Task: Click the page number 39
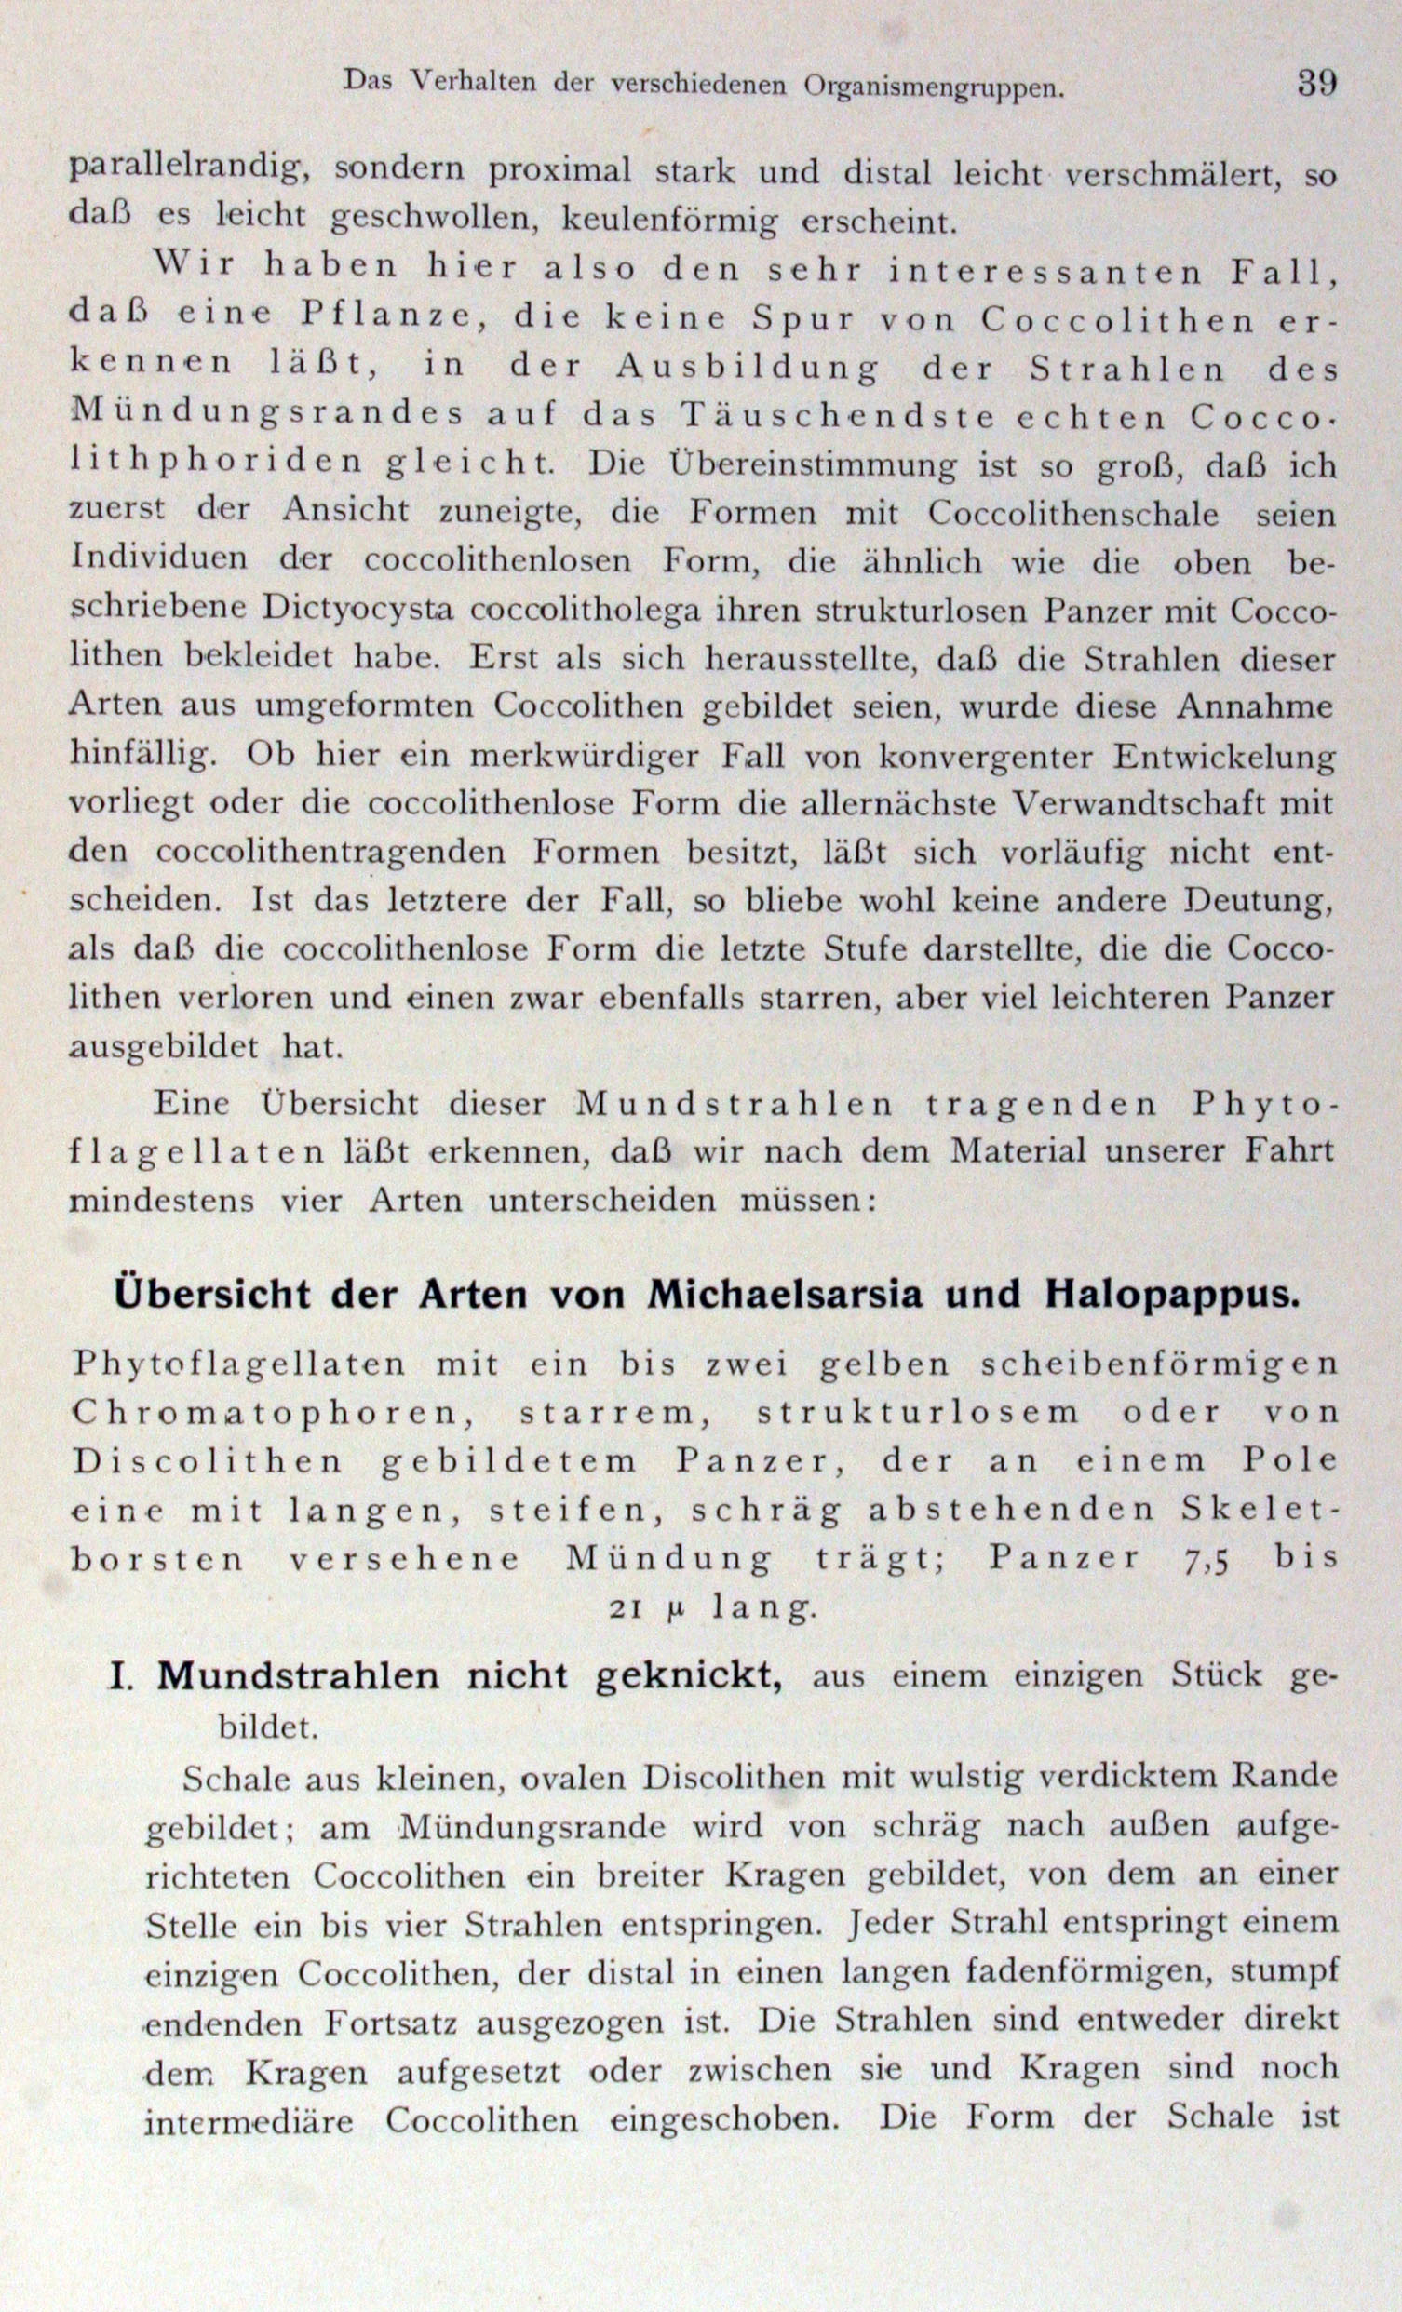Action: coord(1316,84)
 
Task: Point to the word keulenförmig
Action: coord(669,221)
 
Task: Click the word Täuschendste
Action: coord(838,416)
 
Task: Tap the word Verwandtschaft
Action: coord(1122,804)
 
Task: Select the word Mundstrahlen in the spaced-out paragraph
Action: coord(735,1104)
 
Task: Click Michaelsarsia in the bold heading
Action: coord(788,1295)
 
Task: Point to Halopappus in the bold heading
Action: coord(1171,1295)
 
